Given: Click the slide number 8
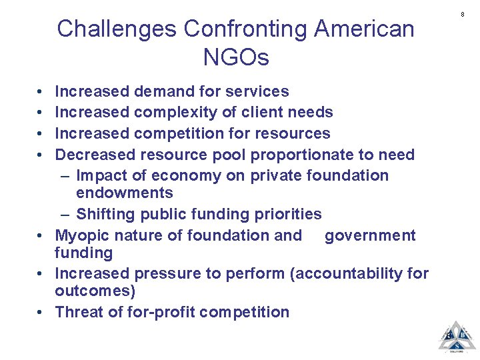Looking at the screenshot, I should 462,13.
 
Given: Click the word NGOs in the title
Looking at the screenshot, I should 236,57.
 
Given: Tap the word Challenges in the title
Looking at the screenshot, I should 117,29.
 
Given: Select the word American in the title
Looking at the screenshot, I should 364,29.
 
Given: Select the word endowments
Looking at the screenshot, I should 125,193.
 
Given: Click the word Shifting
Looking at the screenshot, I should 105,214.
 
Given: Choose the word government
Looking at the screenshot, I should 370,235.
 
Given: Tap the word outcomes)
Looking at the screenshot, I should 95,291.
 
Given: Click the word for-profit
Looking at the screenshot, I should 164,312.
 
